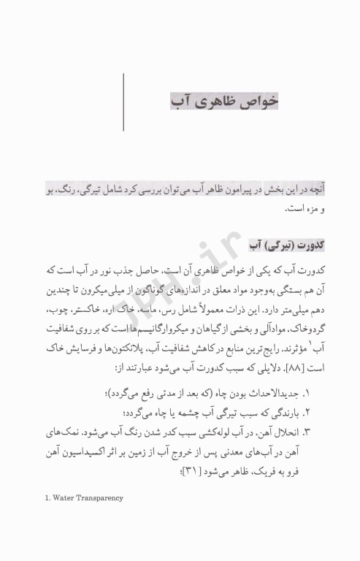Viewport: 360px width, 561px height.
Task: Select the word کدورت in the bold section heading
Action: coord(305,243)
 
